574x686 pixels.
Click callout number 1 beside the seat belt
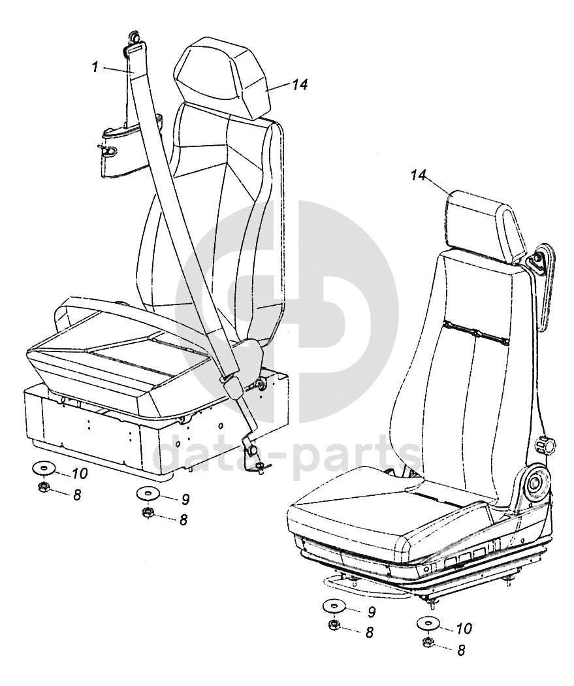click(95, 67)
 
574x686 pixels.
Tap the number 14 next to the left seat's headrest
click(300, 84)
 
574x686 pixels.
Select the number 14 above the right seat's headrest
click(419, 174)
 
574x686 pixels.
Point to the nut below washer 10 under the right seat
click(428, 643)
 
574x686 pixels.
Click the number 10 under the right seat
click(463, 629)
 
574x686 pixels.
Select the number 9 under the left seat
click(185, 500)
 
